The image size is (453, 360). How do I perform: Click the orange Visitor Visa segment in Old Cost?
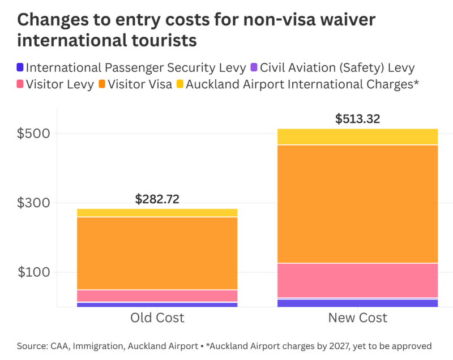click(x=157, y=253)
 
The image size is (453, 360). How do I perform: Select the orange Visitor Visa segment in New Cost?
click(x=357, y=204)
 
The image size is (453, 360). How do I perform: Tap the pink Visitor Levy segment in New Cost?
click(x=357, y=280)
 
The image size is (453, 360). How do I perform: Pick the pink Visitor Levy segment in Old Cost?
click(x=157, y=295)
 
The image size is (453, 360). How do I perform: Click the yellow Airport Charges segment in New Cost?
click(x=357, y=136)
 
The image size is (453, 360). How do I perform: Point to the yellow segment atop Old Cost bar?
click(x=157, y=212)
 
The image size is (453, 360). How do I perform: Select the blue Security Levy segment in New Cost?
click(x=357, y=303)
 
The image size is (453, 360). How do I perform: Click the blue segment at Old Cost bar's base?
click(x=157, y=305)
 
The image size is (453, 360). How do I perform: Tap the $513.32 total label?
click(x=357, y=119)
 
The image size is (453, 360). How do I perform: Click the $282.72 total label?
click(x=157, y=199)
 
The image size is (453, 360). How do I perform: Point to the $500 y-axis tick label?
click(x=33, y=134)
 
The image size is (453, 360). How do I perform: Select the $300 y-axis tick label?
click(x=33, y=203)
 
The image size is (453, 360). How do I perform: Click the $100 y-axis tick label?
click(x=33, y=272)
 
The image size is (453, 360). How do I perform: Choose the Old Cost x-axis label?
click(x=157, y=318)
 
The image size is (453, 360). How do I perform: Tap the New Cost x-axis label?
click(x=357, y=318)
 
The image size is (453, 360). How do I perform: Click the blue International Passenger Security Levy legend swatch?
click(x=20, y=68)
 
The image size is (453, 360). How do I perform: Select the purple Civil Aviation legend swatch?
click(x=254, y=68)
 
